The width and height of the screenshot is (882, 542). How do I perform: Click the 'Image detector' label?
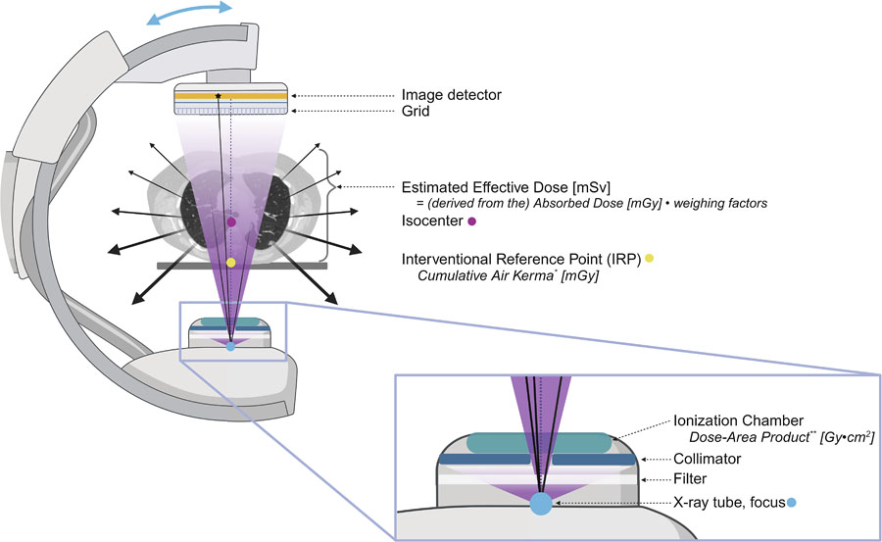(x=452, y=95)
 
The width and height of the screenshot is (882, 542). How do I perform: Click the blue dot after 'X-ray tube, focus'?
(x=792, y=503)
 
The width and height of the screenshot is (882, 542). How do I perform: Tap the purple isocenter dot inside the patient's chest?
(x=230, y=223)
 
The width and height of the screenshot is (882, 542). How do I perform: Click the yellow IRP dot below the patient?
(x=230, y=262)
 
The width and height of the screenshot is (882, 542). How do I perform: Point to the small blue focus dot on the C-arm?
(x=230, y=346)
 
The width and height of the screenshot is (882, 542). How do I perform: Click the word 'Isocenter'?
(x=432, y=223)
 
